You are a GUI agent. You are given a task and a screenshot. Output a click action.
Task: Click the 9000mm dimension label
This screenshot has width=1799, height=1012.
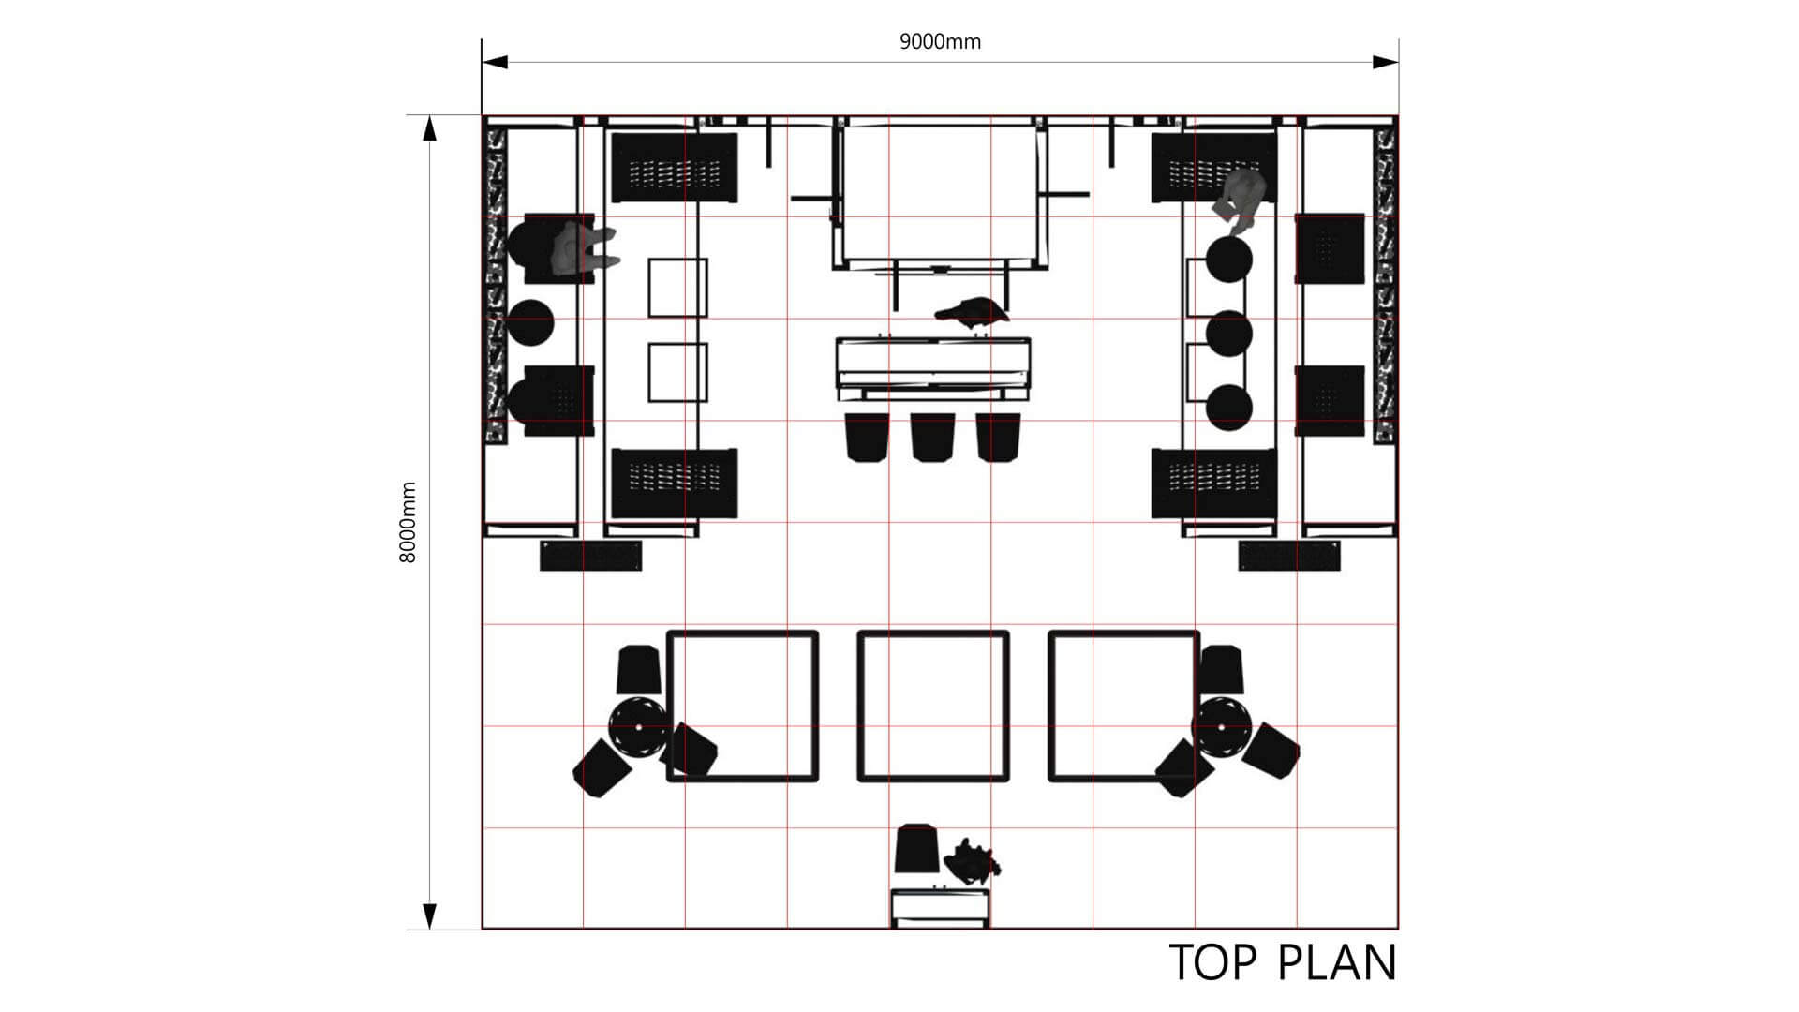pos(940,41)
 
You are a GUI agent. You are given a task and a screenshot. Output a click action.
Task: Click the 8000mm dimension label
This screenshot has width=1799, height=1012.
pos(408,522)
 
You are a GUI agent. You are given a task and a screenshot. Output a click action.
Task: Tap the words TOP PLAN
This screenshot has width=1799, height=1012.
pos(1283,962)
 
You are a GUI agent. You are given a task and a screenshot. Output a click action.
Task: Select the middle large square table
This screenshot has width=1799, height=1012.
pos(933,706)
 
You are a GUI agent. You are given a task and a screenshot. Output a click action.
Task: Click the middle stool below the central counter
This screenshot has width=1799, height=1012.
pos(932,437)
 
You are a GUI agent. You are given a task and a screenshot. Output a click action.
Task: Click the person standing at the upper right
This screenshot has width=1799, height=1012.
pos(1240,201)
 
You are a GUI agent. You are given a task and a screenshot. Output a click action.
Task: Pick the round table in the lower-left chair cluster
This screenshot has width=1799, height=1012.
pos(638,727)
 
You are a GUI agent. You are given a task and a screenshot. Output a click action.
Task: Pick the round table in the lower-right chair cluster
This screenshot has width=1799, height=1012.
pos(1222,727)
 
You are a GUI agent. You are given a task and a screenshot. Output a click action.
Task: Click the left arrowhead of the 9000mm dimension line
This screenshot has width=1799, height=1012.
pos(495,62)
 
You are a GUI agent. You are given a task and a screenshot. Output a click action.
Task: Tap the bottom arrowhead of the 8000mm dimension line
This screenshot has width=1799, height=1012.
pos(430,916)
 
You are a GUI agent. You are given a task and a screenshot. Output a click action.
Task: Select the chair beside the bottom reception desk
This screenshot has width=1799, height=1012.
pos(918,847)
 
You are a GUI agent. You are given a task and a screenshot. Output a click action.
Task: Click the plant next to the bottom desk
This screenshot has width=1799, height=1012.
pos(972,860)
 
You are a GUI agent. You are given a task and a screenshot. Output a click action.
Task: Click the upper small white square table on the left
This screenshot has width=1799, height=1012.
pos(677,288)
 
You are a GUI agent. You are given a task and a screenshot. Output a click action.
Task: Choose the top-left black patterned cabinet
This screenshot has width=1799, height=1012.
pos(674,168)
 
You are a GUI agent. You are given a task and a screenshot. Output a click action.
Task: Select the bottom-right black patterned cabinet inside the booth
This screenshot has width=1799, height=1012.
pos(1214,484)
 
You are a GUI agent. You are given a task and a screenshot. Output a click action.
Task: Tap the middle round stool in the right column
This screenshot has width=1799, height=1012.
pos(1229,333)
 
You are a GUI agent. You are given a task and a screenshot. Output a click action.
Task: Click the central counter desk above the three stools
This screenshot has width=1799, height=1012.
pos(933,368)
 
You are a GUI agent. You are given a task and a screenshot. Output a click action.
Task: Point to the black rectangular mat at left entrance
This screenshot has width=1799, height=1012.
pos(591,556)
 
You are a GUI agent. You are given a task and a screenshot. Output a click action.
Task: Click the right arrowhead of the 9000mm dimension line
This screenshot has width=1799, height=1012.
pos(1386,62)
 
